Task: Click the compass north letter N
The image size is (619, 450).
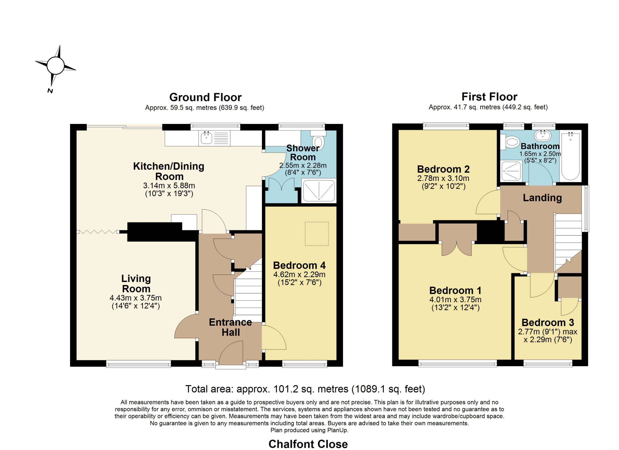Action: coord(50,91)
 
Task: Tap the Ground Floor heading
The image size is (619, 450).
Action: coord(205,97)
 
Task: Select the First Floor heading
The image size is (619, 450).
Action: coord(489,97)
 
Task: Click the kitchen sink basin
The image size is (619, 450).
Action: coord(206,138)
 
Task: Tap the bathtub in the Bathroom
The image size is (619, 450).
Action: coord(570,155)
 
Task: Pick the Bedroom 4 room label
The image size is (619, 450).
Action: coord(299,265)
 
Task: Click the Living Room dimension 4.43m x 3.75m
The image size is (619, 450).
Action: coord(136,298)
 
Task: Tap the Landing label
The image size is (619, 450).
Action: coord(542,198)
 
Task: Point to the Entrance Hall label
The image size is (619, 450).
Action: coord(230,327)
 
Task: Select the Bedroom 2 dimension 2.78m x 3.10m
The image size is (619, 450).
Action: coord(443,178)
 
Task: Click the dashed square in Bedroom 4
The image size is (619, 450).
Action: coord(317,234)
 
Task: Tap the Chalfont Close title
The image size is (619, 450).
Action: coord(308,444)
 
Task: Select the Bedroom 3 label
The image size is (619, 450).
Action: coord(548,323)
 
